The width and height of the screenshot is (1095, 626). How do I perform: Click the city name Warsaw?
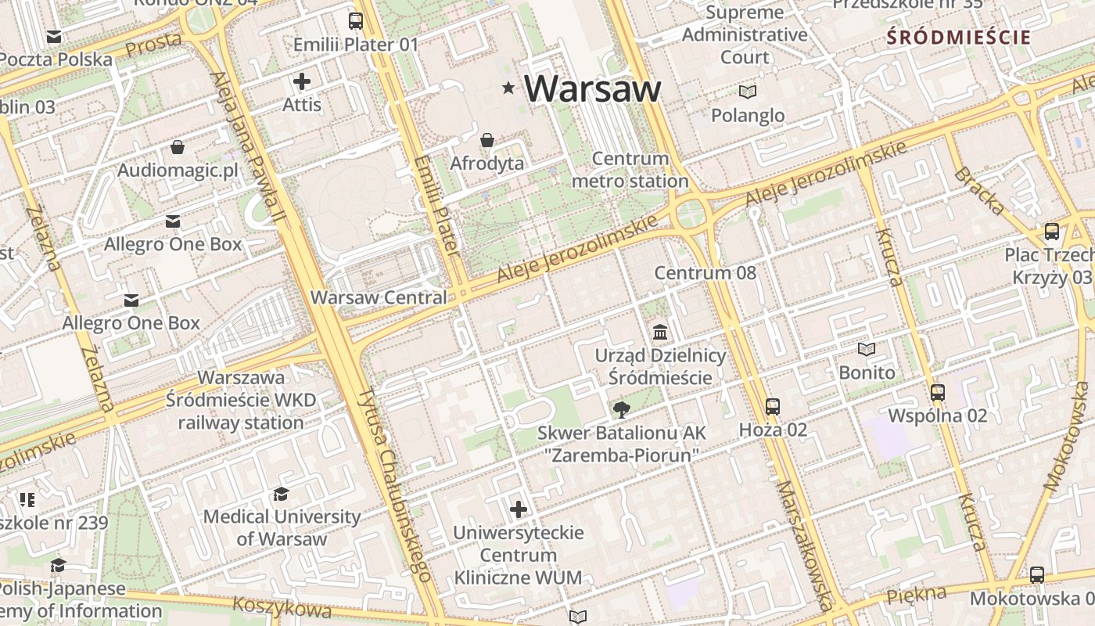[x=592, y=88]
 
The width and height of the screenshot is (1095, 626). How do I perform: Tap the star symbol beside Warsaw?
[x=509, y=88]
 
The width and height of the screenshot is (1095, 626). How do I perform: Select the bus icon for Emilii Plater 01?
[x=356, y=21]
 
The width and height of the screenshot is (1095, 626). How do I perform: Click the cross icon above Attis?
[x=302, y=81]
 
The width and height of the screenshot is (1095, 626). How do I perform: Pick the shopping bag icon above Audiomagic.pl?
[x=178, y=147]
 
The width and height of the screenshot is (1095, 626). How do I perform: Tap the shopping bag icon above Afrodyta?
[x=487, y=140]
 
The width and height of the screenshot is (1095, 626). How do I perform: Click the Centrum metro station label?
[x=630, y=170]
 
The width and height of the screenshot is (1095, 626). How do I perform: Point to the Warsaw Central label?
[x=379, y=297]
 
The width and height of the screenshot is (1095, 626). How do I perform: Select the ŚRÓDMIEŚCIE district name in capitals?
[x=959, y=37]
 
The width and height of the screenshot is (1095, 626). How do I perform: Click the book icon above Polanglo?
[x=748, y=92]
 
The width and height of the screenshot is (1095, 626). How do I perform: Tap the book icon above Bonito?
[x=867, y=349]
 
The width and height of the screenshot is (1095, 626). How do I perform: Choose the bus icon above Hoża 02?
[x=773, y=406]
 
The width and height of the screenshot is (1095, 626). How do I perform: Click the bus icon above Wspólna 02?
[x=938, y=392]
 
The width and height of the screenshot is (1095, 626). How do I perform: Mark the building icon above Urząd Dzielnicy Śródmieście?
[x=660, y=332]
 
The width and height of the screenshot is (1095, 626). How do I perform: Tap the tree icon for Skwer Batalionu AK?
[x=622, y=409]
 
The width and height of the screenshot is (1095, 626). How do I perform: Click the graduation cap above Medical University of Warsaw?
[x=282, y=494]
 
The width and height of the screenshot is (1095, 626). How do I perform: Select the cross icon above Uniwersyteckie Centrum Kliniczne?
[x=519, y=509]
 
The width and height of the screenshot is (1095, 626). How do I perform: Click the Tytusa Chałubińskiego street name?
[x=396, y=485]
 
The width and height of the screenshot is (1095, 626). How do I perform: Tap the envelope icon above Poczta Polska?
[x=54, y=37]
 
